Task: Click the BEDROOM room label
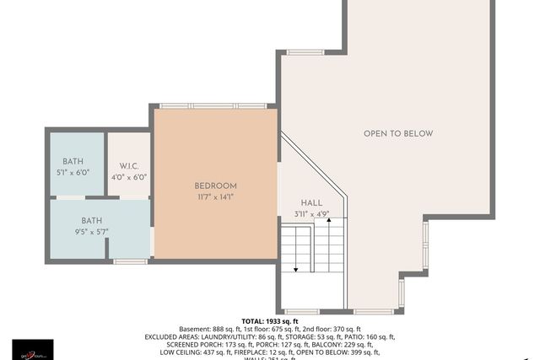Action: pos(215,185)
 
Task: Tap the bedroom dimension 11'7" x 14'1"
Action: pos(215,197)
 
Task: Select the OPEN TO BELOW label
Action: pos(398,133)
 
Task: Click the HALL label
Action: pos(311,203)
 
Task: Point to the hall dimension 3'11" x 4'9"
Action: pos(311,214)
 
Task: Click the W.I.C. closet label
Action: pos(129,166)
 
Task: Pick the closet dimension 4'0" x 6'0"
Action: pos(129,177)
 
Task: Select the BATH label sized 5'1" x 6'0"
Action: pos(73,161)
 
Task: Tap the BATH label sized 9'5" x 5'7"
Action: pos(92,220)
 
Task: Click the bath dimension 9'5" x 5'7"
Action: pos(92,231)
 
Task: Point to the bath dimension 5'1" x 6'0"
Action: pos(73,172)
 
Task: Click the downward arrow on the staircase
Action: pos(296,268)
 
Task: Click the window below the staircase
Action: pos(302,311)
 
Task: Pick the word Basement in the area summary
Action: pos(195,329)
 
